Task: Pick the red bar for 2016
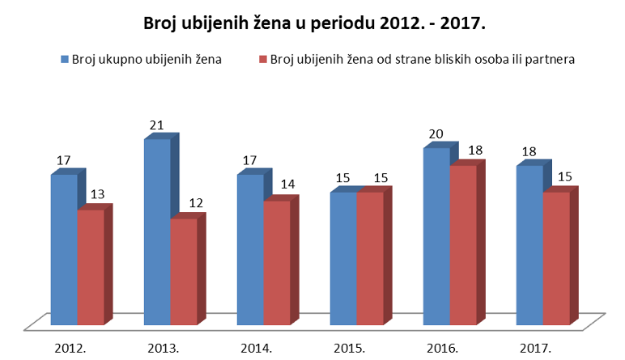462,246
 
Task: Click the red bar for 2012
90,268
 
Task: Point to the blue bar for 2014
250,251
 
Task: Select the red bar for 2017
555,260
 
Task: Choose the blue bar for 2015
343,260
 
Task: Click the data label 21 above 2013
157,125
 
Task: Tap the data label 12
195,203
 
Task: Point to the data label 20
436,133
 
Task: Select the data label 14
288,185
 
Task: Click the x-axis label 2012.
70,349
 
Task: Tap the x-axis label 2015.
350,349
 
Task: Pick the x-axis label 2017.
535,349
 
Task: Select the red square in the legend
263,59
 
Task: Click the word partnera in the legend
550,59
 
